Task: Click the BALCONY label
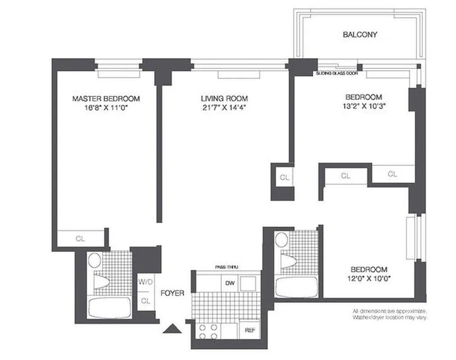(360, 34)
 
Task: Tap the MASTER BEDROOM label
(106, 99)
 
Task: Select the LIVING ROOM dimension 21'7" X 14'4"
(224, 108)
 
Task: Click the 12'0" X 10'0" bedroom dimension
(369, 279)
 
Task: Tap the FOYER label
(172, 293)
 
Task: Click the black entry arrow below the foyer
(173, 330)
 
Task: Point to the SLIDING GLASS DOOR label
(337, 73)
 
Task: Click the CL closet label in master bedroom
(80, 239)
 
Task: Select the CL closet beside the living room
(284, 178)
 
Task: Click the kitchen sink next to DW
(248, 283)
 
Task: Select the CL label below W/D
(145, 300)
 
